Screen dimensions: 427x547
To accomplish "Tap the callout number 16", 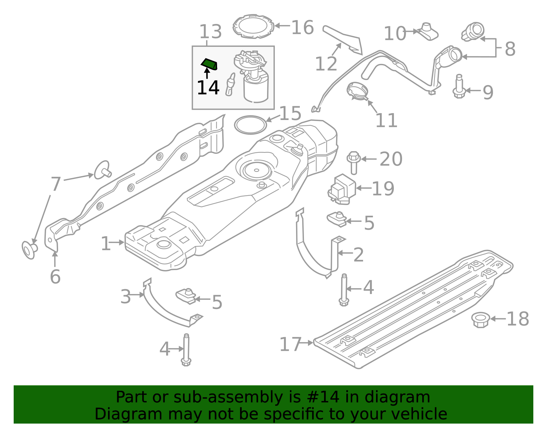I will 302,27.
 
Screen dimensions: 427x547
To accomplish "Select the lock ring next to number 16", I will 253,26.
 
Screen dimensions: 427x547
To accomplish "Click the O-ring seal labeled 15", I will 251,125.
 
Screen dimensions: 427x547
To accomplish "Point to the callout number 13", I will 210,32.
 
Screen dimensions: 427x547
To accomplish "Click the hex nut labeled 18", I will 480,319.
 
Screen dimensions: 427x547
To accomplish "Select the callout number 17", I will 290,344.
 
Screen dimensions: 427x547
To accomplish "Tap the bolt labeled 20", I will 353,162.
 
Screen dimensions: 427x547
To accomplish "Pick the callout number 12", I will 326,64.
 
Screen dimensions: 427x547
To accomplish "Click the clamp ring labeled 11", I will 357,91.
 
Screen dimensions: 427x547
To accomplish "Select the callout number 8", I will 510,49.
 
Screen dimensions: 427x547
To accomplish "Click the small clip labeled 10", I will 428,31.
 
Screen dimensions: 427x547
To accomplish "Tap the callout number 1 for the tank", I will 106,244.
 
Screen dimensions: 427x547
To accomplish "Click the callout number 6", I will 55,276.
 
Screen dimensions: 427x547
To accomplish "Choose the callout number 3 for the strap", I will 125,296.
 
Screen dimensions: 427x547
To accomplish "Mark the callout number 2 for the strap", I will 358,255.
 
